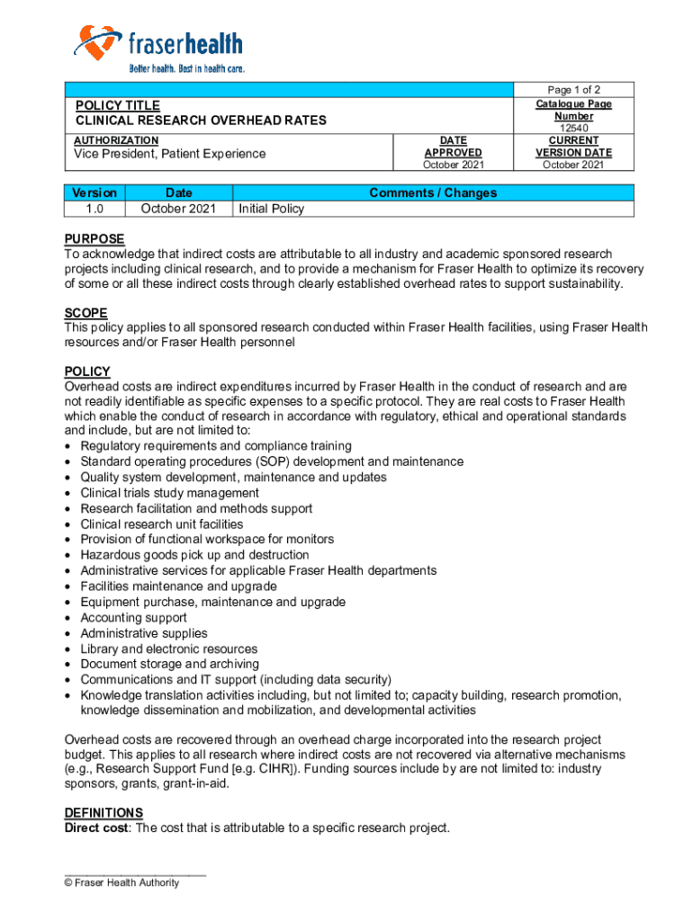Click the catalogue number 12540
coord(573,129)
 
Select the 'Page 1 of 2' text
coord(573,90)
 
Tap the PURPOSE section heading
coord(94,239)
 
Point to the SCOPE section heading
coord(85,313)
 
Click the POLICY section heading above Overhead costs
coord(87,371)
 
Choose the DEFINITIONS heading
coord(103,813)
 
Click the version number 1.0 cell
coord(94,209)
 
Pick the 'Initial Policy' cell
coord(271,209)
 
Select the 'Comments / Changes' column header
coord(433,192)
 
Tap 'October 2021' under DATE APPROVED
coord(453,165)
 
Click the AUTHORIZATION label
coord(116,140)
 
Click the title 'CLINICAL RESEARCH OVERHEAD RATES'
coord(201,121)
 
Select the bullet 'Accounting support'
coord(133,618)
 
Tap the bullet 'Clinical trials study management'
coord(169,493)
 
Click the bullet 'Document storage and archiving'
coord(168,665)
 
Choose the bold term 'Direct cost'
coord(97,828)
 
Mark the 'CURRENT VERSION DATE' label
coord(573,147)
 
